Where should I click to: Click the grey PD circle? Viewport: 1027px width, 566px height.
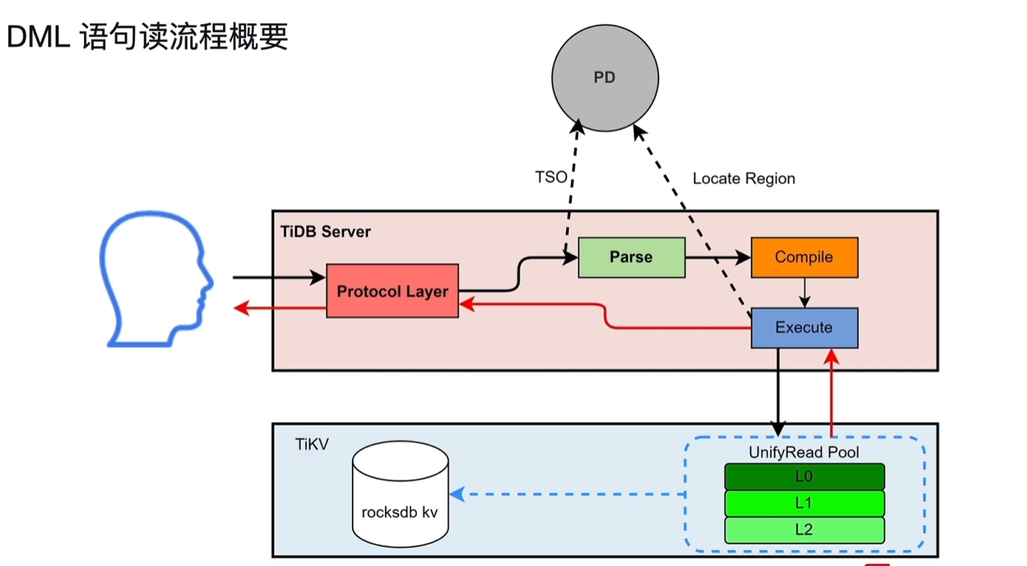604,78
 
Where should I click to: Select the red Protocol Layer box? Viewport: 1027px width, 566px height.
392,290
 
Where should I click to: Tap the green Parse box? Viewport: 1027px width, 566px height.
631,257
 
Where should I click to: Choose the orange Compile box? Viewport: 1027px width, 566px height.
804,257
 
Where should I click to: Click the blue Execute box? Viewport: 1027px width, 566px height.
804,327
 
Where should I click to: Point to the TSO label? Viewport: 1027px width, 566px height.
551,177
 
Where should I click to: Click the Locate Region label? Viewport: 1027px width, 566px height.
743,179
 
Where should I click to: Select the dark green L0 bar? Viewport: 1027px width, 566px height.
804,476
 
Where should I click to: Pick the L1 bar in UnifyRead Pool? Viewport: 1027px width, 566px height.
804,503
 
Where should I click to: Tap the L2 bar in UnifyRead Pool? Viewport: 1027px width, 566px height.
804,530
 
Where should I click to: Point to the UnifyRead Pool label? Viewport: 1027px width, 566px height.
804,452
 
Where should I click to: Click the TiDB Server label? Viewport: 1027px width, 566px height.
326,232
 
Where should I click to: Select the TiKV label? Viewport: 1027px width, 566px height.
311,445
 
